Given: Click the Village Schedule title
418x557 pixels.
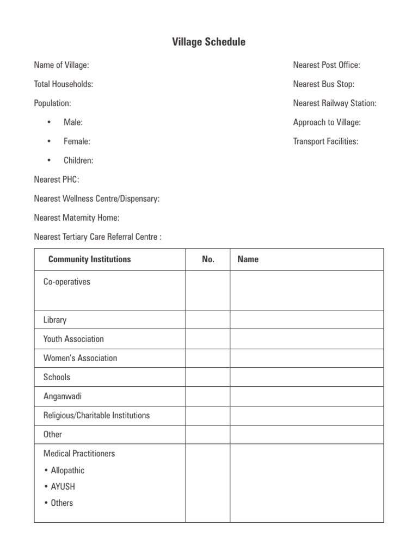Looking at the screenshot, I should (209, 42).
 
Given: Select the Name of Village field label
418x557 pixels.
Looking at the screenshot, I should (62, 65).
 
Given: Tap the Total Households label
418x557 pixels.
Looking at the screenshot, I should (63, 84).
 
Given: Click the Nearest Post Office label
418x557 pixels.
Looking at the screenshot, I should (327, 65).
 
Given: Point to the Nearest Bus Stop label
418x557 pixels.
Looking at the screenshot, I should (323, 84).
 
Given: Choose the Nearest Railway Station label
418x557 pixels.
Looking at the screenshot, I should (334, 103).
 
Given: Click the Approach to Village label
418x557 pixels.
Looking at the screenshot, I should (327, 122).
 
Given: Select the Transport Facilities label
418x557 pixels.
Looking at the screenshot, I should (325, 141).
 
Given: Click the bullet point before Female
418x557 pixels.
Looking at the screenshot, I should (49, 141).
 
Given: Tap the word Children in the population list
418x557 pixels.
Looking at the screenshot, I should (78, 160).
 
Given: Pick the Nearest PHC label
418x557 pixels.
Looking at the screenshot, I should (57, 180).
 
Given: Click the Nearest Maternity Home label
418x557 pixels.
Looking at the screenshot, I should (77, 218).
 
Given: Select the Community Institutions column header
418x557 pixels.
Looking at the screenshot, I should (90, 259).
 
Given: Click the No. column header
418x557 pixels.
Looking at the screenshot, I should (208, 259).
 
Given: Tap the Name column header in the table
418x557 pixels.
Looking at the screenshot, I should (248, 259).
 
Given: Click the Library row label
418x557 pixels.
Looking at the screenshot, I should (55, 320).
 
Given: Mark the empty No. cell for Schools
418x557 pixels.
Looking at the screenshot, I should (208, 377).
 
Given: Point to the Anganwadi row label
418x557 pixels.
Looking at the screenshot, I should (63, 396).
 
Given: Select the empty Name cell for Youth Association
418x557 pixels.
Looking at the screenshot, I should (306, 339).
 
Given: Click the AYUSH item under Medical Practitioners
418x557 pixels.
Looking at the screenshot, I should (63, 486).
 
